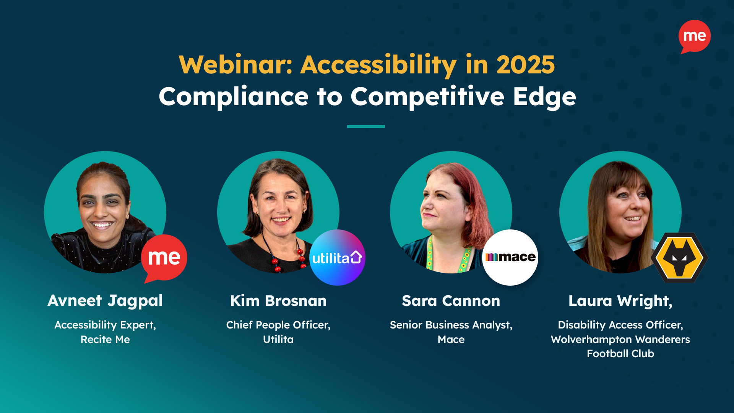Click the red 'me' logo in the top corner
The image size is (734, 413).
pos(694,36)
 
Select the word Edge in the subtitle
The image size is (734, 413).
pos(544,97)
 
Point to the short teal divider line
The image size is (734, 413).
pos(366,126)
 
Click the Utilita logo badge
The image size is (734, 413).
pos(337,257)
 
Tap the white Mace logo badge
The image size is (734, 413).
pos(510,257)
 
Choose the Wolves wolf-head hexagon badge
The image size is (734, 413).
pos(679,257)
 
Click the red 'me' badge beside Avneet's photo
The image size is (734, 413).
pos(164,257)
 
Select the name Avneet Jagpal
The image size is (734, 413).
pos(105,301)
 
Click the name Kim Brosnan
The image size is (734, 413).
pos(278,301)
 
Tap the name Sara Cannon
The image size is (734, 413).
pos(451,301)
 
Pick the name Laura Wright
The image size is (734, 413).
pos(620,301)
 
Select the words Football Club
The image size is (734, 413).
pos(620,354)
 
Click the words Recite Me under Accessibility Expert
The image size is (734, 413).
pos(105,340)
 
